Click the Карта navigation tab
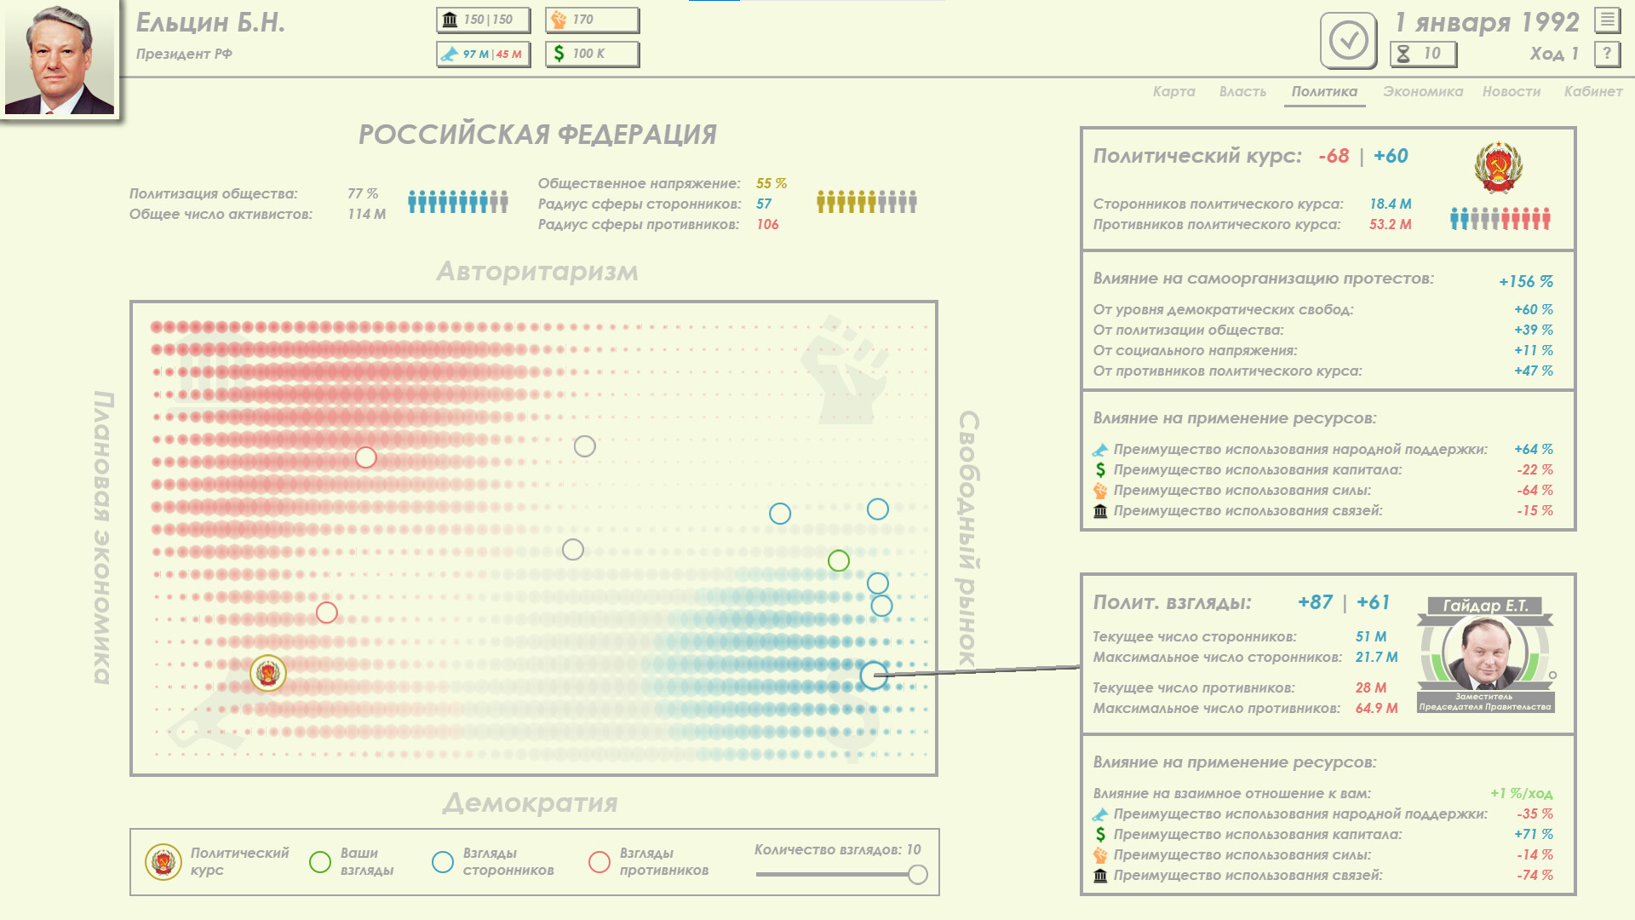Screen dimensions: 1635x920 point(1173,91)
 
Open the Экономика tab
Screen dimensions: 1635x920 point(1422,91)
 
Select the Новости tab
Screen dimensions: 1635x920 point(1511,91)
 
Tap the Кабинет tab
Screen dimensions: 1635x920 point(1592,91)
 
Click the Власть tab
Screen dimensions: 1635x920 point(1242,91)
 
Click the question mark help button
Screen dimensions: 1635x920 point(1607,54)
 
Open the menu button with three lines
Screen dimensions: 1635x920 point(1607,20)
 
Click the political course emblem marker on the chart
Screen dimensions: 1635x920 point(268,673)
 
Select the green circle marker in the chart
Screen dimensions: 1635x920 point(839,561)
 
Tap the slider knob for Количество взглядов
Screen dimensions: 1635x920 point(917,874)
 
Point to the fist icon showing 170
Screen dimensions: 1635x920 point(559,20)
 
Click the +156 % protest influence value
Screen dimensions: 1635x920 point(1526,281)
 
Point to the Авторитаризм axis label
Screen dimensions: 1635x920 point(537,271)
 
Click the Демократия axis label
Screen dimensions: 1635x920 point(531,802)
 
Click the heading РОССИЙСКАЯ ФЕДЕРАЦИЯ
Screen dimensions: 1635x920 point(537,134)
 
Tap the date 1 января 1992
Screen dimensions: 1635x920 point(1487,22)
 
